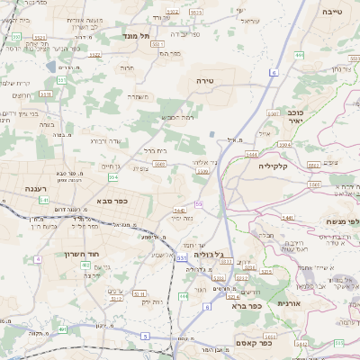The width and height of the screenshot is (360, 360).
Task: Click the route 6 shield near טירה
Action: click(x=274, y=70)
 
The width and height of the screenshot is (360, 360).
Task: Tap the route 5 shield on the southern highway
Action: click(x=145, y=336)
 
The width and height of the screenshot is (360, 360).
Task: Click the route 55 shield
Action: click(x=198, y=204)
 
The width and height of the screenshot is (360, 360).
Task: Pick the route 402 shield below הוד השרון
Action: click(x=63, y=330)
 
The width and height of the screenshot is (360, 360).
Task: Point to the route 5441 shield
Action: click(x=289, y=218)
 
